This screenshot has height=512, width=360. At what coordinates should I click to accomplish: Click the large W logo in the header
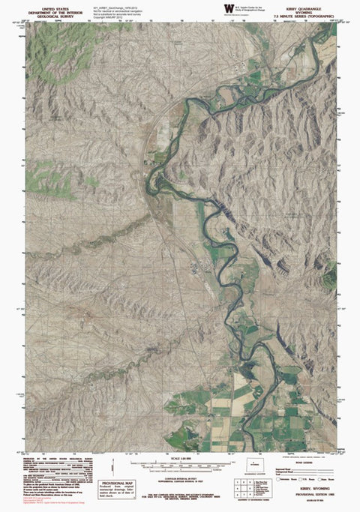pyautogui.click(x=227, y=8)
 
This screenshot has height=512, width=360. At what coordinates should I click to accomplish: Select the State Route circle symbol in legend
pyautogui.click(x=319, y=479)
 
